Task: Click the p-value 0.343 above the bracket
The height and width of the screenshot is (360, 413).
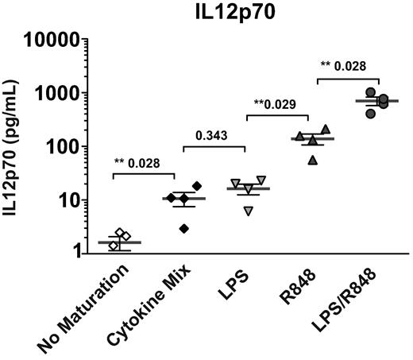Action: [214, 135]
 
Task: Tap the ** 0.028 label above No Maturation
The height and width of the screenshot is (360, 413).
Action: [145, 163]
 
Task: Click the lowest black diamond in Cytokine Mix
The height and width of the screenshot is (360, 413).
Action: [184, 229]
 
